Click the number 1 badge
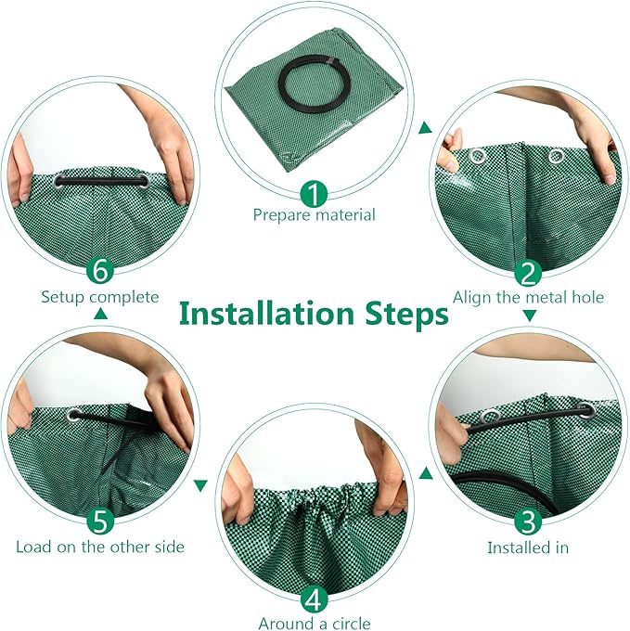click(315, 193)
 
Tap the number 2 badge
click(528, 274)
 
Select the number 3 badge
click(528, 520)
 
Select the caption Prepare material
click(315, 215)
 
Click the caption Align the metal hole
click(528, 297)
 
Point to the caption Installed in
click(528, 547)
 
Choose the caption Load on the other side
click(100, 547)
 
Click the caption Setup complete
click(100, 298)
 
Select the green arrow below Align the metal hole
click(529, 315)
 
